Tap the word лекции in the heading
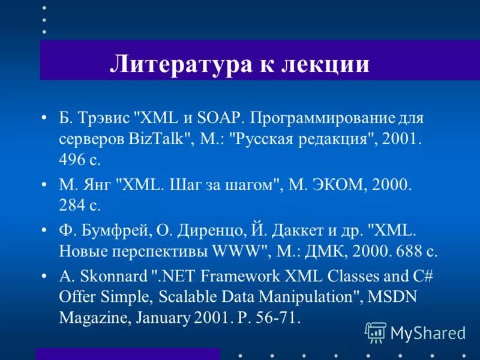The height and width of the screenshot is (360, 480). click(x=324, y=63)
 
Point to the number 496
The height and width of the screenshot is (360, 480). click(x=71, y=161)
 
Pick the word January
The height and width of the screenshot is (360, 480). click(x=161, y=318)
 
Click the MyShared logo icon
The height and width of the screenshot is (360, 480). click(x=376, y=331)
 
